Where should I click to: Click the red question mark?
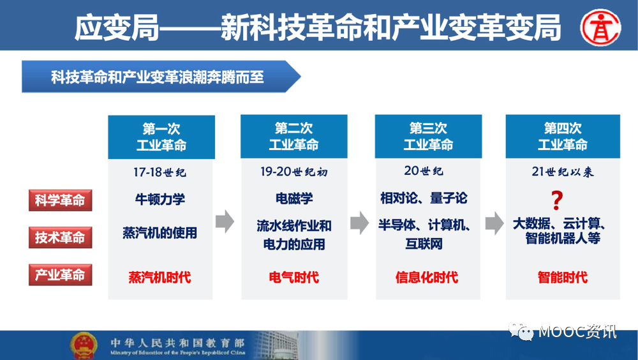557,200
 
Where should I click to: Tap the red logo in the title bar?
600,27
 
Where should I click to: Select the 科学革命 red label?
60,200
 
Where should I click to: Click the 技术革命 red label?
60,237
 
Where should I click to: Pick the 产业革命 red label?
60,275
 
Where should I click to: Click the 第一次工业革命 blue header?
161,137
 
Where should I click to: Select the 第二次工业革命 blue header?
293,137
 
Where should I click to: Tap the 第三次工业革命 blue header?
428,137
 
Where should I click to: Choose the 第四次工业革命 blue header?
563,137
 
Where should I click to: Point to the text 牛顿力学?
160,199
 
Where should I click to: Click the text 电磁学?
294,199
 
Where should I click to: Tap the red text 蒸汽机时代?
160,277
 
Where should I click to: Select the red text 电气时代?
293,277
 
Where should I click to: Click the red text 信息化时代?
427,277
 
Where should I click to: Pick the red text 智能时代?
563,277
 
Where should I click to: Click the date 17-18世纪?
160,172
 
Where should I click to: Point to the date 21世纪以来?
563,172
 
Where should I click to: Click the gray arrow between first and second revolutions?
225,222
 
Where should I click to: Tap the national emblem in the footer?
84,345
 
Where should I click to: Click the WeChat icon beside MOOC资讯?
521,331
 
